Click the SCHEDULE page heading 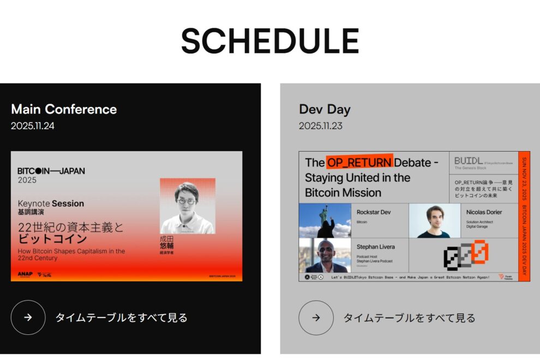click(270, 41)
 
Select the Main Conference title click(64, 109)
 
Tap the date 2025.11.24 click(33, 126)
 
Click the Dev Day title click(325, 109)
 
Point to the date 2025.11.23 click(321, 126)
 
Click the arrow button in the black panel click(28, 317)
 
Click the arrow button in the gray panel click(316, 317)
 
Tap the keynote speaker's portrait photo click(187, 206)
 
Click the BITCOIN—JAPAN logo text click(51, 171)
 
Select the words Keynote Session click(51, 203)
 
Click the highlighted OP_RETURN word click(359, 162)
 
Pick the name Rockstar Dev click(374, 212)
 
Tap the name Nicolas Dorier click(484, 212)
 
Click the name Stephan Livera click(375, 247)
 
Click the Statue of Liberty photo click(325, 220)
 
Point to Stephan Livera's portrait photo click(325, 255)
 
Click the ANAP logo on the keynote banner click(25, 274)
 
